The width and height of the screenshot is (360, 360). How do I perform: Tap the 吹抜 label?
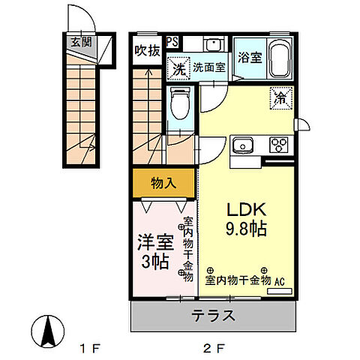[147, 51]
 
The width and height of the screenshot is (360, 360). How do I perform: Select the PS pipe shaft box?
[172, 42]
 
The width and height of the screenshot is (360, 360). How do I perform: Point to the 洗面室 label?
[208, 67]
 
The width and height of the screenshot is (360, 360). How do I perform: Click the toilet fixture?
[178, 103]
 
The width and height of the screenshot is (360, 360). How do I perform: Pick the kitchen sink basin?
[244, 145]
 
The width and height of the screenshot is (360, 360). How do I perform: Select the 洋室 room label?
[155, 242]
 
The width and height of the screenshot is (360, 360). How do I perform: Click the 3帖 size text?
[155, 262]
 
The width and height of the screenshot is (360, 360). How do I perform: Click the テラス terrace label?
[212, 315]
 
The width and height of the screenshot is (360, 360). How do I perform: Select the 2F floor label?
[214, 349]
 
